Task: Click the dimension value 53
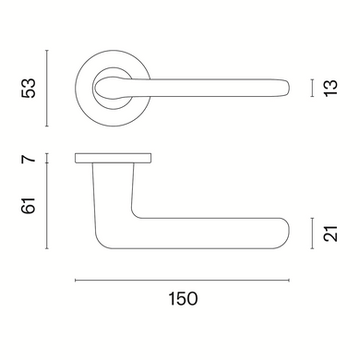coord(29,88)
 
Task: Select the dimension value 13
coord(331,88)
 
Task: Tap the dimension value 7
coord(29,159)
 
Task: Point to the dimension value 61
coord(29,205)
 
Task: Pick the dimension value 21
coord(331,234)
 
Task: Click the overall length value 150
coord(183,299)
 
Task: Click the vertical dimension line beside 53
coord(46,88)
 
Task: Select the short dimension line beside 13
coord(313,88)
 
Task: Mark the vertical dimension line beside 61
coord(46,206)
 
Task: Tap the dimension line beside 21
coord(313,234)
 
